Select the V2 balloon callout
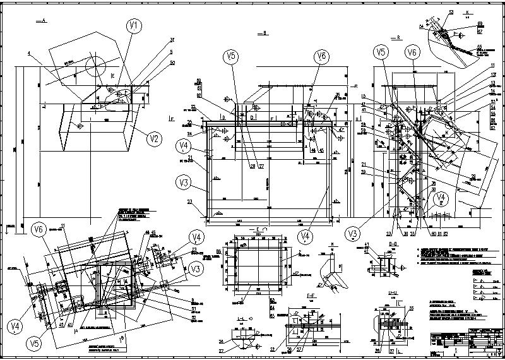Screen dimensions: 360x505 coord(153,138)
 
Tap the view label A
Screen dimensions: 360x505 coord(43,21)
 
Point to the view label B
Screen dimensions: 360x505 coord(266,32)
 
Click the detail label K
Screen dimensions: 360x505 coord(468,12)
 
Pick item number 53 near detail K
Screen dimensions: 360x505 coord(451,12)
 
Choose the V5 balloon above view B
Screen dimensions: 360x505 coord(232,56)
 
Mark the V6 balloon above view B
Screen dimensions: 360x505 coord(321,56)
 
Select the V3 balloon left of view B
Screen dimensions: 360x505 coord(184,183)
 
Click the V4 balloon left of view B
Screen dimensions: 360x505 coord(184,146)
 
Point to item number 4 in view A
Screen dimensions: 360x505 coord(28,54)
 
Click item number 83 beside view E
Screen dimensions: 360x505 coord(218,252)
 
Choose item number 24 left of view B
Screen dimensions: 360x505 coord(189,133)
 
